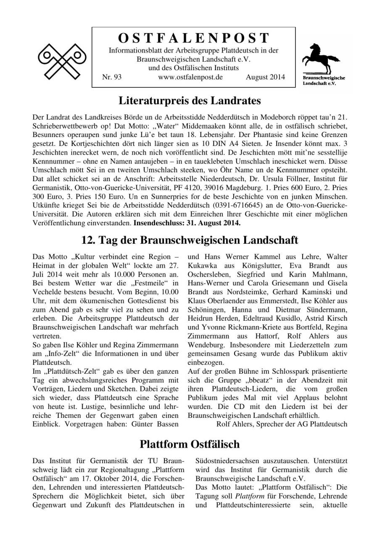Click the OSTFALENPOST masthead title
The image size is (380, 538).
coord(193,38)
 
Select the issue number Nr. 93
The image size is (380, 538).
coord(111,77)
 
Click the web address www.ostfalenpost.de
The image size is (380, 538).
coord(190,77)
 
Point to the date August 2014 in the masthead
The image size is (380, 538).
coord(265,77)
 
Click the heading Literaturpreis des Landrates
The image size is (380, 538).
coord(190,101)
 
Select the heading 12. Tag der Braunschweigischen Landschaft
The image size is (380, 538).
coord(190,240)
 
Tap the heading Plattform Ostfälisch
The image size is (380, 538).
coord(190,444)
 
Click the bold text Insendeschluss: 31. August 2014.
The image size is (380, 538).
coord(187,223)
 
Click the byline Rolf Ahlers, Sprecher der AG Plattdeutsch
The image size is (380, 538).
coord(282,424)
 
